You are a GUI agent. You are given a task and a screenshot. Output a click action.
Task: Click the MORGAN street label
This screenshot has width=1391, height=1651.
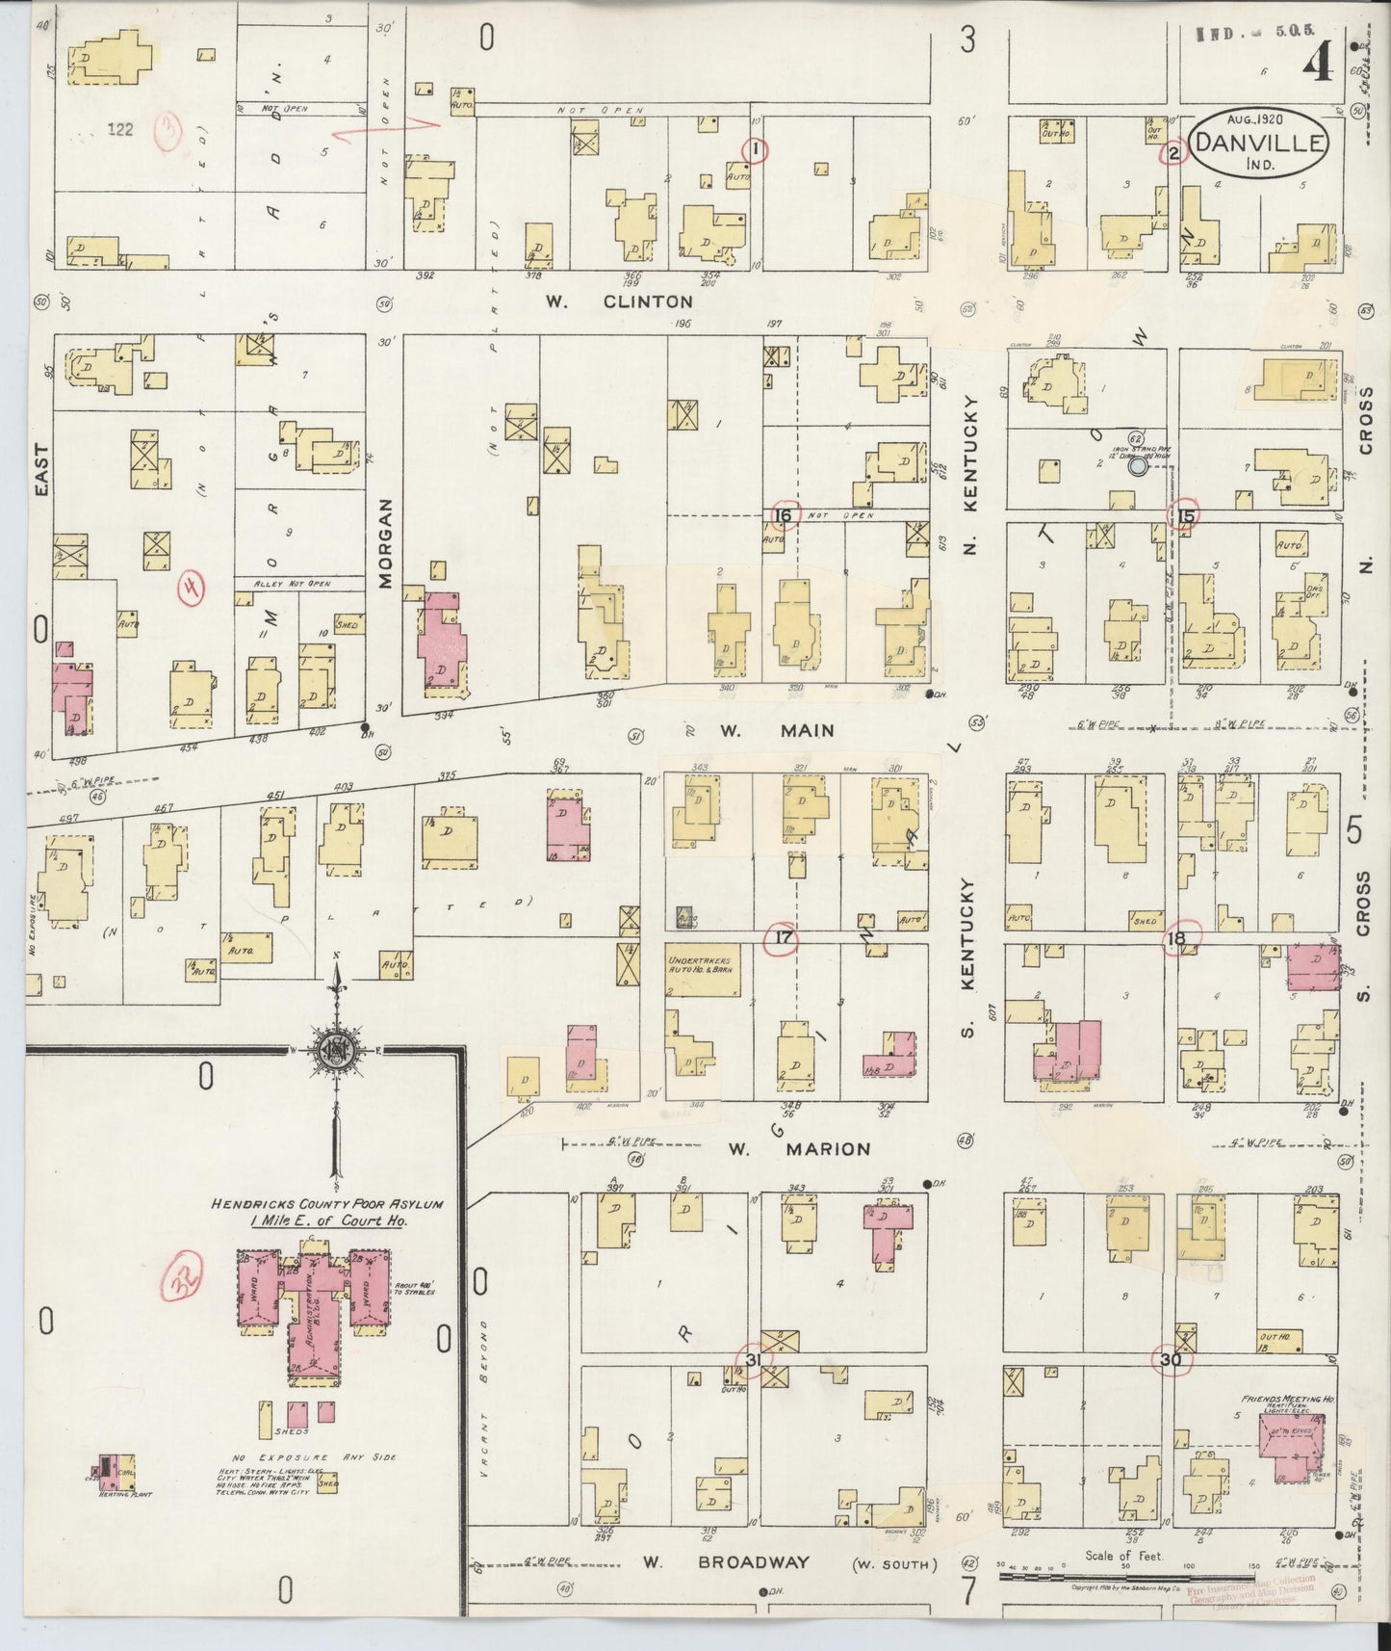coord(385,543)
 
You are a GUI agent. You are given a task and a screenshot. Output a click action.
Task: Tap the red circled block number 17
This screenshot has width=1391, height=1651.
coord(783,938)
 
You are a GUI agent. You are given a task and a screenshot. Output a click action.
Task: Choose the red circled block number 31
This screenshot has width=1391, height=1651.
coord(754,1359)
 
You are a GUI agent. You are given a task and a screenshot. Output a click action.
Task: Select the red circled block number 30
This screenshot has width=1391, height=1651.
coord(1171,1360)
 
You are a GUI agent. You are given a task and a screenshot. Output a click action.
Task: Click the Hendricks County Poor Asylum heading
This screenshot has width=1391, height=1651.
coord(327,1205)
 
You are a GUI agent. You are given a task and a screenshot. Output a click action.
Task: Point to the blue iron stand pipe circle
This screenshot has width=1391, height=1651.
coord(1138,467)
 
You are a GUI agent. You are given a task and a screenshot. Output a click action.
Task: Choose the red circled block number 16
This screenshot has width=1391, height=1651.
coord(783,516)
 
